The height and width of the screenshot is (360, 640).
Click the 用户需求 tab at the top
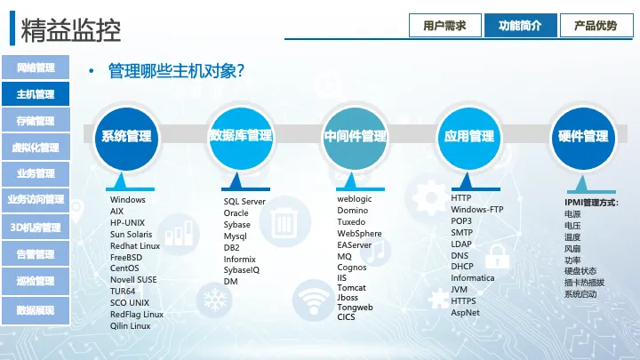(x=445, y=25)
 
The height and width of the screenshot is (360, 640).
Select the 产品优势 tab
(x=596, y=25)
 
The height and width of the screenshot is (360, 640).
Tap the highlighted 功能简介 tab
(x=520, y=25)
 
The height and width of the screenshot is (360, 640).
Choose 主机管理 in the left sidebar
(x=36, y=94)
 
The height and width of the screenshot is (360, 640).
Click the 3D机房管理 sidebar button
(x=36, y=228)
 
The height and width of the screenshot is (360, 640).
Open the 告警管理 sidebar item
(x=36, y=254)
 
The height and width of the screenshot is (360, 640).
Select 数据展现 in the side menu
(x=36, y=310)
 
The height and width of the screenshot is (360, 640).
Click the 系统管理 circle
(x=126, y=138)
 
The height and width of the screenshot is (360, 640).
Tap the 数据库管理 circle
(x=240, y=138)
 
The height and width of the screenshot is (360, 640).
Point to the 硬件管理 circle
(x=583, y=138)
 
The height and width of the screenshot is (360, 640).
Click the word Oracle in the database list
(x=236, y=213)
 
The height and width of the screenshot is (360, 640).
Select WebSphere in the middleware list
(x=359, y=234)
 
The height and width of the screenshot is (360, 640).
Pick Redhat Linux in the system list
(x=135, y=245)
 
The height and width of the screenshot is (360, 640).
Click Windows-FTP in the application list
(x=477, y=210)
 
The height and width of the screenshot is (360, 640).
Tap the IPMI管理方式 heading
(x=591, y=203)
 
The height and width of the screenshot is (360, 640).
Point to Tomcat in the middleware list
(x=351, y=287)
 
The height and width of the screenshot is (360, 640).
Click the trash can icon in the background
(x=284, y=221)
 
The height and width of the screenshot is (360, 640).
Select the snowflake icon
(x=215, y=300)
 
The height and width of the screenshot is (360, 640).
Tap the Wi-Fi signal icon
(x=313, y=300)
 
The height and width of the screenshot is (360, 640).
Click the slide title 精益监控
(x=70, y=30)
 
